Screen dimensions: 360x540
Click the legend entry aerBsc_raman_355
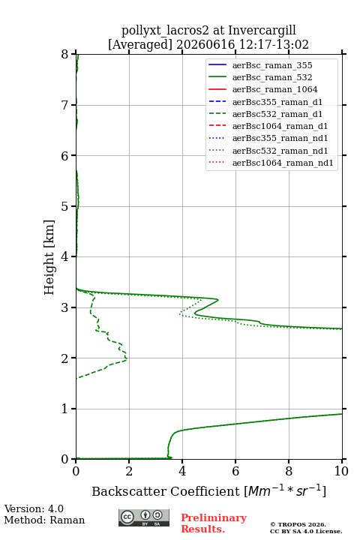click(272, 65)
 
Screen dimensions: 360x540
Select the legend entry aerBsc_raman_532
click(272, 77)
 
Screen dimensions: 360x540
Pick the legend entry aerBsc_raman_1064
click(275, 89)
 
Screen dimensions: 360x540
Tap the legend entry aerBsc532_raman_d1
click(277, 114)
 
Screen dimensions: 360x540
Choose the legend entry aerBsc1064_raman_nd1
click(283, 163)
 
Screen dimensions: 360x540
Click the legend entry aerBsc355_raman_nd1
click(280, 138)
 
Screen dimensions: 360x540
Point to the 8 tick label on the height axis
click(65, 54)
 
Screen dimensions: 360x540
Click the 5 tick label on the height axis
click(65, 206)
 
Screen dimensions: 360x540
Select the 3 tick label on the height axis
click(65, 307)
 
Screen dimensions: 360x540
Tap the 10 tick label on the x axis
click(341, 471)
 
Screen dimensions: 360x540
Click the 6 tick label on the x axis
click(235, 471)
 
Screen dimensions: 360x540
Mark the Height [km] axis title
click(49, 257)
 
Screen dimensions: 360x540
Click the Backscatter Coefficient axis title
click(165, 491)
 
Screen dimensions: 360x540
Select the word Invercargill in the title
click(262, 31)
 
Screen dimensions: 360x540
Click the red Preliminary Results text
click(214, 523)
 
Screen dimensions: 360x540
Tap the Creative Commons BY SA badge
click(144, 517)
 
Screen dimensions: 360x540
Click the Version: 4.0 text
click(34, 508)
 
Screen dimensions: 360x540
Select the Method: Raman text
click(44, 520)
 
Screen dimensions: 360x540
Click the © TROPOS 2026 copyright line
click(298, 524)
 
